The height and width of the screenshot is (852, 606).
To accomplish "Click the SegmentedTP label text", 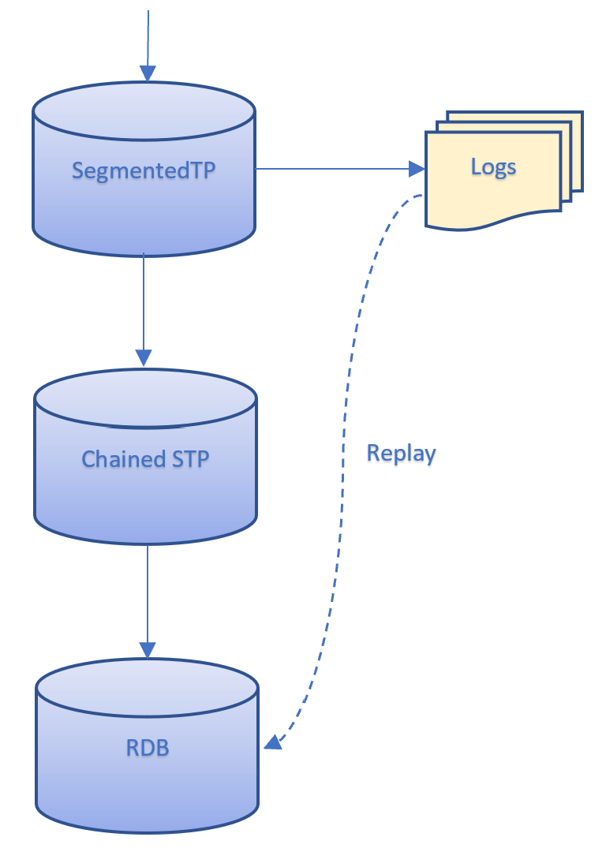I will pos(144,170).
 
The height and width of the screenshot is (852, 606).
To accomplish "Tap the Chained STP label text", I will pos(145,458).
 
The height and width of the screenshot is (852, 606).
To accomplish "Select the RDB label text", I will pos(148,747).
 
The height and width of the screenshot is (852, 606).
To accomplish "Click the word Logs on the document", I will pos(493,166).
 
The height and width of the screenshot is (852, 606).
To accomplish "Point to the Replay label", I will pos(401,454).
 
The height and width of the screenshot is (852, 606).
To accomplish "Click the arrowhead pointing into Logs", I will pos(417,169).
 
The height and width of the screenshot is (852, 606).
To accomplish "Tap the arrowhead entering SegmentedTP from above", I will pos(148,73).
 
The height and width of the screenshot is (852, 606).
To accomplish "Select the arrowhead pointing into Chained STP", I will pos(144,357).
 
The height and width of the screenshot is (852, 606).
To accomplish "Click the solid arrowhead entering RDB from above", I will pos(148,650).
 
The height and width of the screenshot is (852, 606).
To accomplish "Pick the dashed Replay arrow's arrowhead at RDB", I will pos(273,741).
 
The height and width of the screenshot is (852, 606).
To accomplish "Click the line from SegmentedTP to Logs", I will pos(331,169).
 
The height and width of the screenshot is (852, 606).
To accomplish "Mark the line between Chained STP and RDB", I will pos(148,592).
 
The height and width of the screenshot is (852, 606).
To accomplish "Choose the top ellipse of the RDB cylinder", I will pos(148,687).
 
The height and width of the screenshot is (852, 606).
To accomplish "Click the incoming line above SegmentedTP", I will pos(148,35).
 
